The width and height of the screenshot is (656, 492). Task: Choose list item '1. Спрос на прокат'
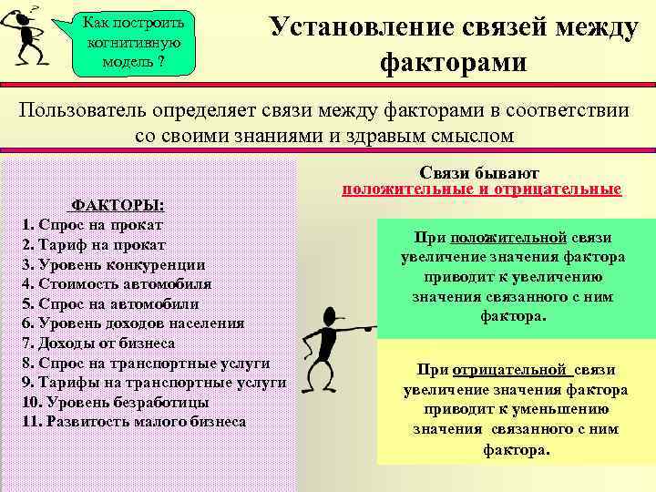point(92,224)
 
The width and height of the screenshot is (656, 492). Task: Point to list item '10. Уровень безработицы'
point(114,403)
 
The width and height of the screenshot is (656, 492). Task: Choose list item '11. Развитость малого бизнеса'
point(133,423)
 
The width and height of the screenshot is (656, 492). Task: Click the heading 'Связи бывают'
point(480,173)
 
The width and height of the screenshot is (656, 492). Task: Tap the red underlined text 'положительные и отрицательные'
point(481,190)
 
